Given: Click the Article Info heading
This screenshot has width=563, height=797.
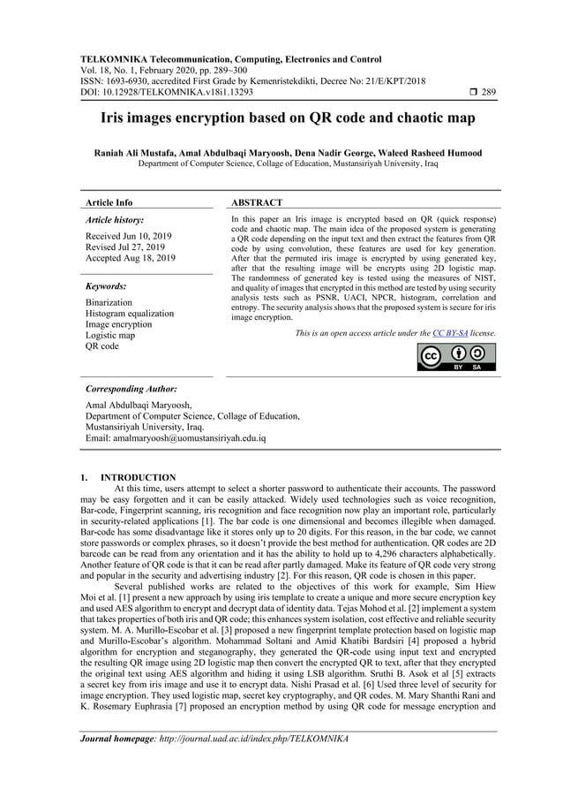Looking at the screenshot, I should click(x=109, y=202).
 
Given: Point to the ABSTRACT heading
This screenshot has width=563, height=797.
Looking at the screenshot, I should click(x=257, y=202).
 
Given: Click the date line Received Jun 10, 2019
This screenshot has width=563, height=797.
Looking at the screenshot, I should click(x=128, y=237).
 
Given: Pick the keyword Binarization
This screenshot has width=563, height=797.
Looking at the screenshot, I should click(x=109, y=303).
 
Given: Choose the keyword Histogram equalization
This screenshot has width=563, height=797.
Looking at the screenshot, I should click(x=130, y=314).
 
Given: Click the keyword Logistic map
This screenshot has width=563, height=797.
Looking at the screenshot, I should click(x=110, y=336).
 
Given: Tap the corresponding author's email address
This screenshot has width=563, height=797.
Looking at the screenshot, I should click(x=175, y=438).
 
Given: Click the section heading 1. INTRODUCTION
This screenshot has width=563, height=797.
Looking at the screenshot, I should click(x=128, y=478).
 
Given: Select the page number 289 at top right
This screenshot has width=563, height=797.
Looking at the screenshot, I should click(x=488, y=91).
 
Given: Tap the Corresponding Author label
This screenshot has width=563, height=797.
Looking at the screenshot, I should click(x=131, y=389).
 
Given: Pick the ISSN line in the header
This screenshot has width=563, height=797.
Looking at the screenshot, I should click(x=253, y=80).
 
